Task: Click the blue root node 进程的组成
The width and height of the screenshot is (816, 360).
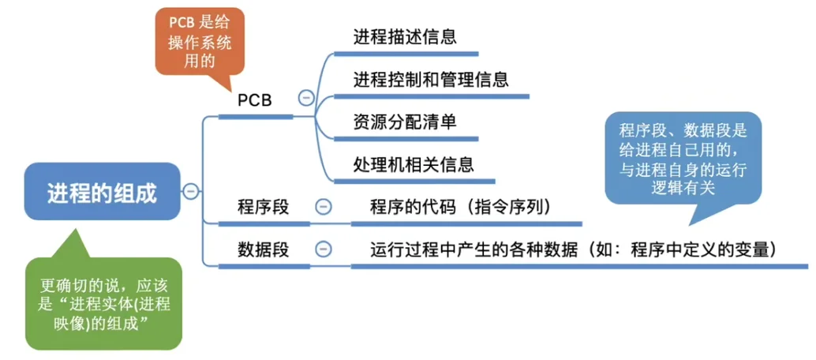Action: pyautogui.click(x=102, y=192)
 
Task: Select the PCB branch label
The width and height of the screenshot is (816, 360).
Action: pyautogui.click(x=254, y=101)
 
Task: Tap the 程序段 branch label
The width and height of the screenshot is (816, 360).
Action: pyautogui.click(x=263, y=207)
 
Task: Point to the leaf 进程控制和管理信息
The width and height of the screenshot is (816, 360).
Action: pyautogui.click(x=431, y=79)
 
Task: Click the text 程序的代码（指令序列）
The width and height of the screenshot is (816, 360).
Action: pyautogui.click(x=460, y=207)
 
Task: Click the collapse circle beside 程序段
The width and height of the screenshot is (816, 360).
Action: pyautogui.click(x=323, y=207)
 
